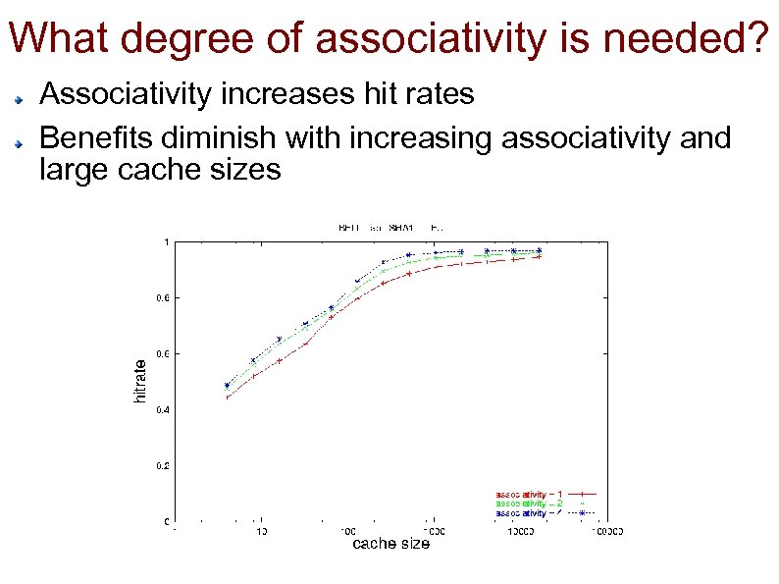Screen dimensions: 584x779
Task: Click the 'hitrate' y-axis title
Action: pos(140,381)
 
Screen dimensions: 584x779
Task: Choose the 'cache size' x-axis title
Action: pos(390,544)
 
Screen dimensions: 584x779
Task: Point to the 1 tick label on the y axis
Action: pos(166,241)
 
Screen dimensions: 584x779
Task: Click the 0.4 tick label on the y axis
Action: pos(162,409)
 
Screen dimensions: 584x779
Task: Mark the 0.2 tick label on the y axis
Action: pos(162,465)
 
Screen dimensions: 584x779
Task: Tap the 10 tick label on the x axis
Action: pos(261,532)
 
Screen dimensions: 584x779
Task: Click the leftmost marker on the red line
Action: pos(228,398)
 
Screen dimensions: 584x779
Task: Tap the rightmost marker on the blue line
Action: pos(539,250)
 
